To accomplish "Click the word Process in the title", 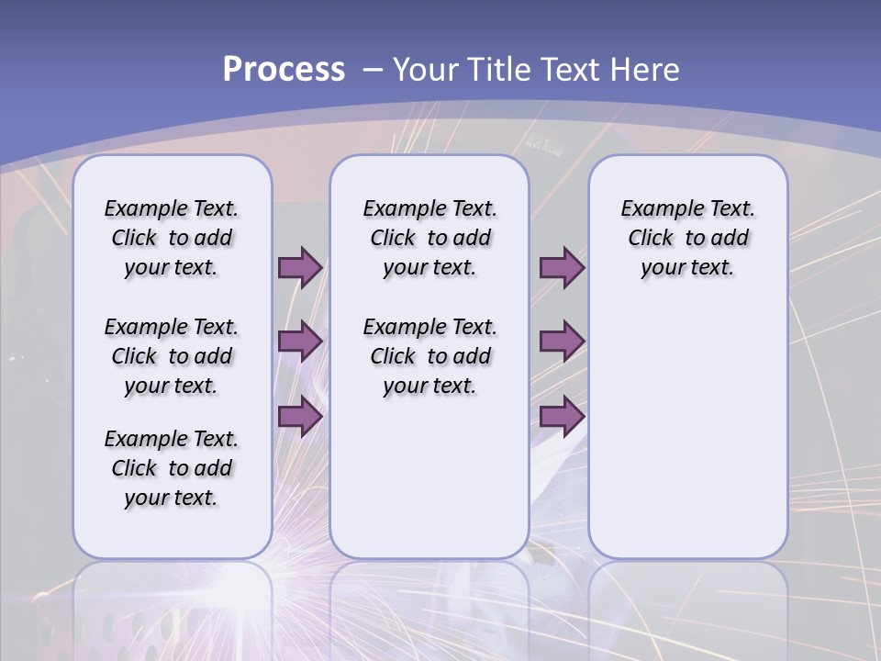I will pos(284,70).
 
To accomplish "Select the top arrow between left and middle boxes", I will pos(300,268).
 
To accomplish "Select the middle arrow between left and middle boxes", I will pos(300,342).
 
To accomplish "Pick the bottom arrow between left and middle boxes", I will pos(300,416).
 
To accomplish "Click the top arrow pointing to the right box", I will pos(562,268).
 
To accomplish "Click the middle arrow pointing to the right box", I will pos(562,342).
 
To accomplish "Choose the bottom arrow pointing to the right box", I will pos(562,416).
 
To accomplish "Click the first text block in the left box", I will pos(172,238).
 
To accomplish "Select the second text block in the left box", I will pos(172,356).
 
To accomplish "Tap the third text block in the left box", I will pos(172,468).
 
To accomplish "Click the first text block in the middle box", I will pos(429,238).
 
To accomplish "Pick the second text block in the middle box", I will pos(429,356).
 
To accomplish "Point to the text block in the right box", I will pos(687,238).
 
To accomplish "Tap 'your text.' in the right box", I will pos(687,268).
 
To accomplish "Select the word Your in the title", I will pos(426,70).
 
